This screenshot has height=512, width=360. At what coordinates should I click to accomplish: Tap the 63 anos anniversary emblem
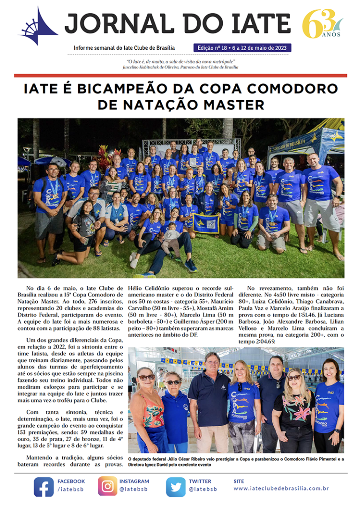click(x=322, y=24)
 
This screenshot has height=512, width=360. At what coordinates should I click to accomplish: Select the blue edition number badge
click(x=242, y=48)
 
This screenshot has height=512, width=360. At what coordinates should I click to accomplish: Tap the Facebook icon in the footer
click(x=44, y=487)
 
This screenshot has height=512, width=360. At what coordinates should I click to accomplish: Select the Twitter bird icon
click(x=176, y=487)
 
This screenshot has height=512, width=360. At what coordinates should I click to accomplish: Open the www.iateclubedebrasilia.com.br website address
click(x=281, y=489)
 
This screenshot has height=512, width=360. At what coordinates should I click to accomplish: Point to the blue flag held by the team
click(x=206, y=223)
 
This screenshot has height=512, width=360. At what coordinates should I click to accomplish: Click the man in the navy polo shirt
click(x=210, y=403)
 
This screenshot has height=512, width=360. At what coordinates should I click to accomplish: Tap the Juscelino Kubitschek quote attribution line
click(x=180, y=67)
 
